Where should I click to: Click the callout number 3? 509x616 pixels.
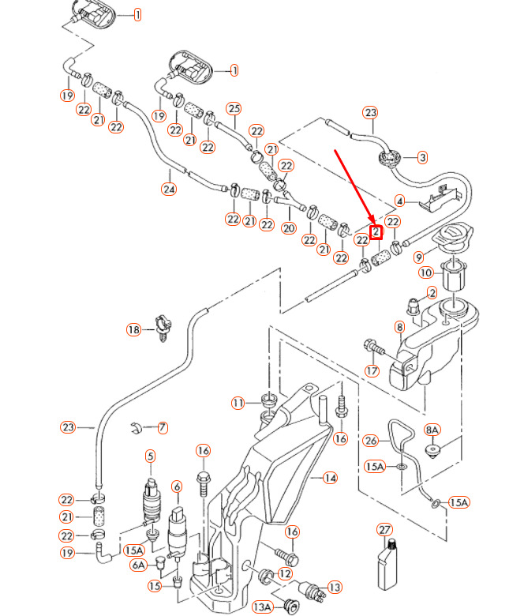[422, 158]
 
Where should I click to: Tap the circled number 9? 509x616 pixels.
[419, 256]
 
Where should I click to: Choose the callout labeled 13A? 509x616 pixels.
[262, 607]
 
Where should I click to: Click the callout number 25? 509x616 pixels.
[233, 107]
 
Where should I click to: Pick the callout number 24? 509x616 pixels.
[169, 189]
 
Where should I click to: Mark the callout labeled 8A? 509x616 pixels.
[432, 430]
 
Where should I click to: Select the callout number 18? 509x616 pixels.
[133, 329]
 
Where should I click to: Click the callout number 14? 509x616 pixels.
[330, 478]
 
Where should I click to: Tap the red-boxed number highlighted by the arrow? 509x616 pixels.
[376, 232]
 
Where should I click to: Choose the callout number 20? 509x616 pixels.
[288, 227]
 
